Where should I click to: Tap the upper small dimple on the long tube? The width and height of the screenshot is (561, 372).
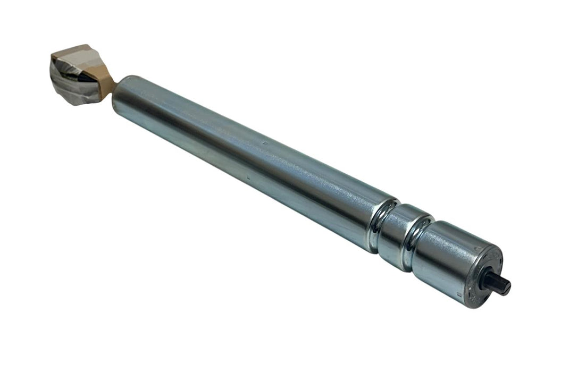coord(264,142)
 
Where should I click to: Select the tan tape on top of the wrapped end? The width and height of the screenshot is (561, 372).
coord(74,53)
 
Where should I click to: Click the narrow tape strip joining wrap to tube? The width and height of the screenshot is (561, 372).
coord(109,80)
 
